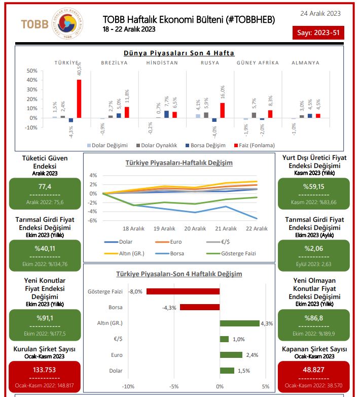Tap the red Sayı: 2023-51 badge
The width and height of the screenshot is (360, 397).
[319, 34]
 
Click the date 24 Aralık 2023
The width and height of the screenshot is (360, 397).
[320, 13]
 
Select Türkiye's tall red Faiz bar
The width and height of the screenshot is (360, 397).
[79, 98]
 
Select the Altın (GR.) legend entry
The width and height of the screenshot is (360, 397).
[124, 253]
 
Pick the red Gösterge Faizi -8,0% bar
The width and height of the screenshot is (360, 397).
[183, 291]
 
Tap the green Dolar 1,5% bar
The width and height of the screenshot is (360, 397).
[227, 371]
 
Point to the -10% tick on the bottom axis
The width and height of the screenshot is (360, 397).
[128, 386]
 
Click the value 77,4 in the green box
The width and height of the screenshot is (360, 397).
[45, 186]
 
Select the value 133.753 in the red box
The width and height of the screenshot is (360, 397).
[45, 370]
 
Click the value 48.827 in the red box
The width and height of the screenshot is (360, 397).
[313, 370]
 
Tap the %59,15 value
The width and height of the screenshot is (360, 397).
[313, 186]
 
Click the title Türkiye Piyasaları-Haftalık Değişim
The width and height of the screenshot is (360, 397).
[179, 163]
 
